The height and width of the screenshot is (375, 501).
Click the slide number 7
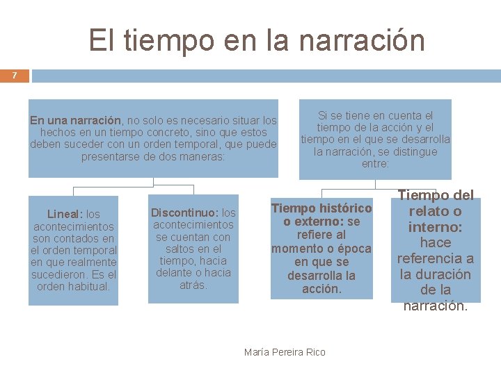click(x=14, y=75)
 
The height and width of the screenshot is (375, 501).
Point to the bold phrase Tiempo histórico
click(x=321, y=208)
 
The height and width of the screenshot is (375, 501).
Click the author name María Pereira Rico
click(x=285, y=352)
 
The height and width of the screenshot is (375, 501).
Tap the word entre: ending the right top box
click(x=376, y=165)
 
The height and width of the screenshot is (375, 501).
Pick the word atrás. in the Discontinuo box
click(x=193, y=285)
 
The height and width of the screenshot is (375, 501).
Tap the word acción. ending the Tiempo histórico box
click(x=321, y=289)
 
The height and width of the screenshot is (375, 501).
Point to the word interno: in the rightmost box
click(x=436, y=227)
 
